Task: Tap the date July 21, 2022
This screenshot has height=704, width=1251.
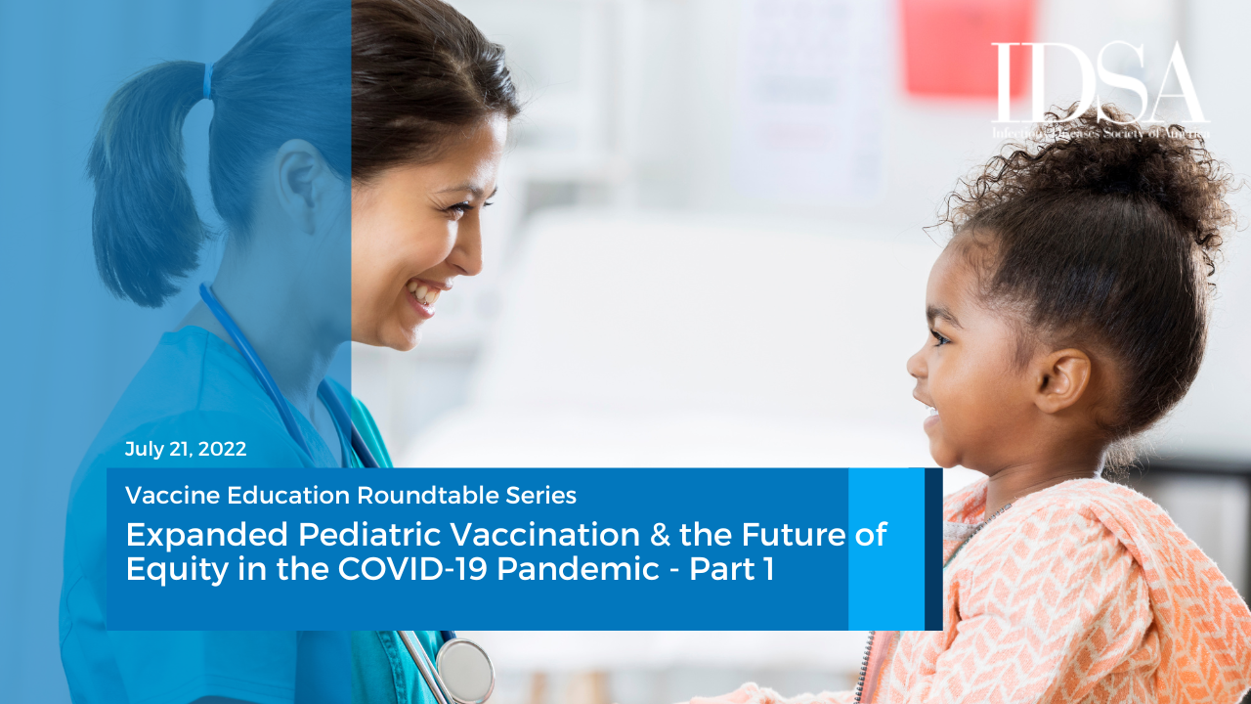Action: [186, 450]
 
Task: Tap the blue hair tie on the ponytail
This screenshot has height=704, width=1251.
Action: [207, 79]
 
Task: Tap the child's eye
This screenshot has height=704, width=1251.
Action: [939, 336]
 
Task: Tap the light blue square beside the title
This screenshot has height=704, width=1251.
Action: [885, 549]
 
